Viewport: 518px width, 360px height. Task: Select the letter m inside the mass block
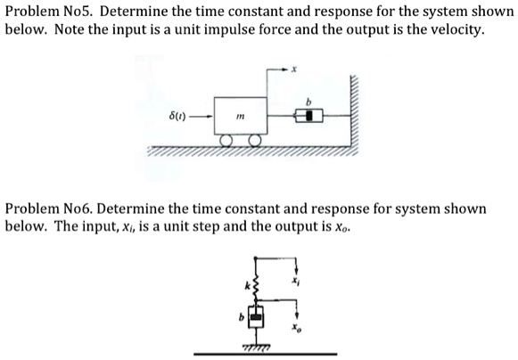point(239,116)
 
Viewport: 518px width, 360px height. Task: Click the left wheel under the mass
point(228,141)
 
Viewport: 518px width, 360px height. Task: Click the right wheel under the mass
point(256,141)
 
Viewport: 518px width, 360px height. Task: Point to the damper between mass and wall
point(308,115)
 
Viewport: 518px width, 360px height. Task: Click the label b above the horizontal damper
point(308,101)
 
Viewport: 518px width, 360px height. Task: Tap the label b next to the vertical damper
point(239,316)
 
